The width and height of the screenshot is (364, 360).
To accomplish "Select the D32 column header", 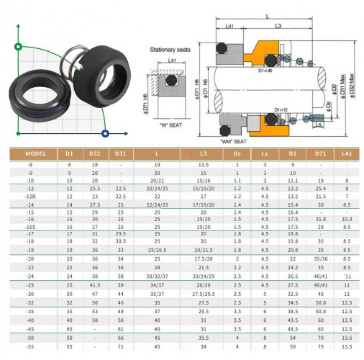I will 96,153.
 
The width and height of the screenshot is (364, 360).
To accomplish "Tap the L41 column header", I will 347,153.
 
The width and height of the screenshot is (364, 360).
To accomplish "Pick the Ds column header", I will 237,153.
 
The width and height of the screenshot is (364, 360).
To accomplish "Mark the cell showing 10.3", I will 347,216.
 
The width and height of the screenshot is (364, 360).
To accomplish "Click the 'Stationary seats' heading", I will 170,50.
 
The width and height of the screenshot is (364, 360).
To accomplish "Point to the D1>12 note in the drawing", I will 282,109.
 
